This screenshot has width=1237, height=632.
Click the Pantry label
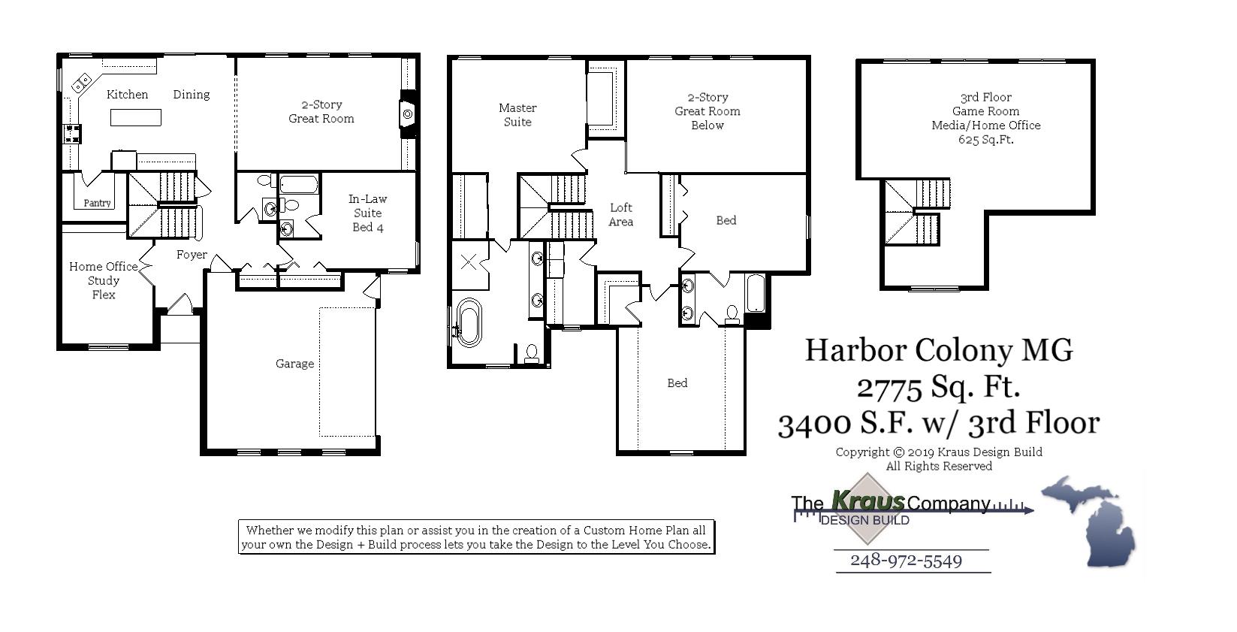click(x=97, y=203)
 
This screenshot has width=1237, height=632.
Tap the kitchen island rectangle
click(x=136, y=117)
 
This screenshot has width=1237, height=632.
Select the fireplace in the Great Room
click(x=407, y=114)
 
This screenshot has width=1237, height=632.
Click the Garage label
click(x=294, y=364)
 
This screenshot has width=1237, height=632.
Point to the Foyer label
click(x=192, y=255)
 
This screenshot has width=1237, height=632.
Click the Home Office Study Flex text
click(x=104, y=280)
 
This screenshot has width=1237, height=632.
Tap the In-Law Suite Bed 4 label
click(x=368, y=213)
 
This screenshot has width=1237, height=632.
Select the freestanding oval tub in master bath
click(x=469, y=322)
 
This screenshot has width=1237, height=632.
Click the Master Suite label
click(x=517, y=115)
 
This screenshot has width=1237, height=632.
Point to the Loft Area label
click(x=621, y=214)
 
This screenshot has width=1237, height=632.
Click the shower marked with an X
click(x=469, y=262)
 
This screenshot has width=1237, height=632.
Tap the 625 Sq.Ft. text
click(x=985, y=140)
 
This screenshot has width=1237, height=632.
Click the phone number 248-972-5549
click(x=906, y=561)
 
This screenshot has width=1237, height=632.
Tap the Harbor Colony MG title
click(x=939, y=350)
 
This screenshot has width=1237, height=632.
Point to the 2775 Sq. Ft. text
click(x=939, y=387)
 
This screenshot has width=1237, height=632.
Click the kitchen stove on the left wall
click(x=73, y=135)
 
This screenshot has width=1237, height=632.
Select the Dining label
click(x=192, y=95)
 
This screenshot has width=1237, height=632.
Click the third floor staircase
click(x=918, y=212)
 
